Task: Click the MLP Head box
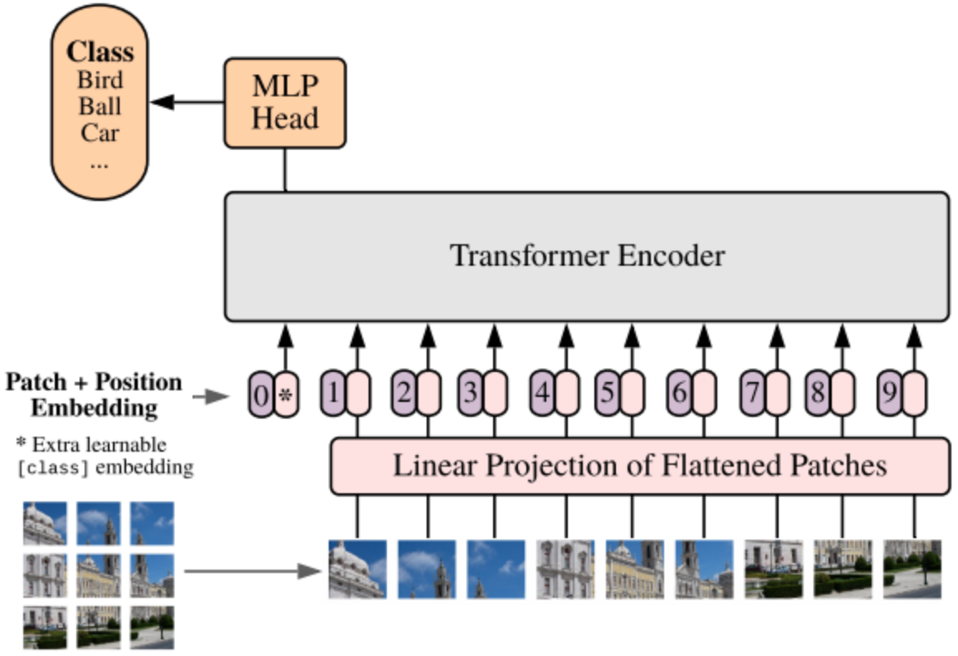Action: tap(285, 103)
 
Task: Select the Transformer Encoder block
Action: tap(587, 256)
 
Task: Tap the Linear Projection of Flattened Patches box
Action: tap(640, 466)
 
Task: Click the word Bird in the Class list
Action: tap(100, 80)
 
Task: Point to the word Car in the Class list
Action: tap(100, 133)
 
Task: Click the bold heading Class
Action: tap(100, 52)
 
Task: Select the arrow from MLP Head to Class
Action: tap(187, 102)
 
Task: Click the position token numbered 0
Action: tap(261, 395)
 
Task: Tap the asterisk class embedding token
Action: tap(286, 395)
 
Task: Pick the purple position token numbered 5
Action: tap(608, 393)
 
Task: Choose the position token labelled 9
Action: tap(890, 393)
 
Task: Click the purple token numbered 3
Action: tap(471, 393)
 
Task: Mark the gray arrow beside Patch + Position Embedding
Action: tap(210, 397)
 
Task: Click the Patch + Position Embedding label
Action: tap(94, 394)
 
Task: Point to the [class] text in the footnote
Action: tap(53, 468)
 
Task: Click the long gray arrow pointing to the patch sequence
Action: tap(252, 571)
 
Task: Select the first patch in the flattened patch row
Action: tap(358, 569)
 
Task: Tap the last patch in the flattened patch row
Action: tap(912, 569)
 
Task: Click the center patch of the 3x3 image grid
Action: tap(98, 575)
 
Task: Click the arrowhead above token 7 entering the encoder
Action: tap(777, 337)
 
